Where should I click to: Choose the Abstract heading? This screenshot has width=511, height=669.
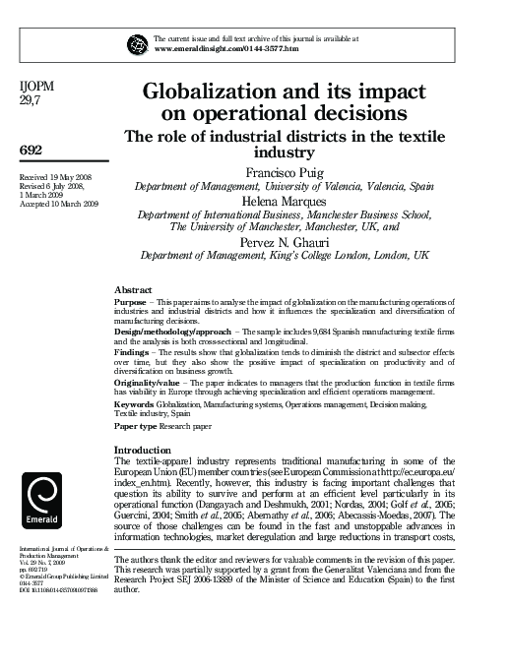pyautogui.click(x=134, y=290)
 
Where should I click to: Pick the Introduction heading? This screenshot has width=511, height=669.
pyautogui.click(x=144, y=450)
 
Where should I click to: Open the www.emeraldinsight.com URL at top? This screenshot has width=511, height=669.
pyautogui.click(x=225, y=47)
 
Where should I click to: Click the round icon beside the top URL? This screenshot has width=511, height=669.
pyautogui.click(x=137, y=41)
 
